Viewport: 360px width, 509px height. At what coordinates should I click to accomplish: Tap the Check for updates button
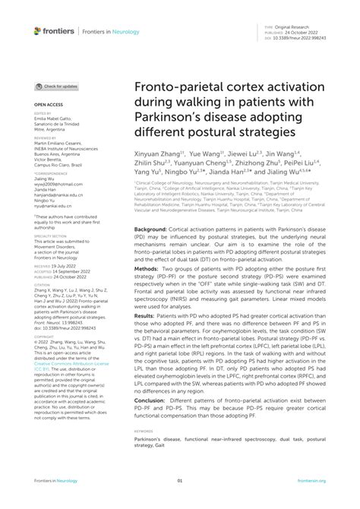pyautogui.click(x=58, y=87)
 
